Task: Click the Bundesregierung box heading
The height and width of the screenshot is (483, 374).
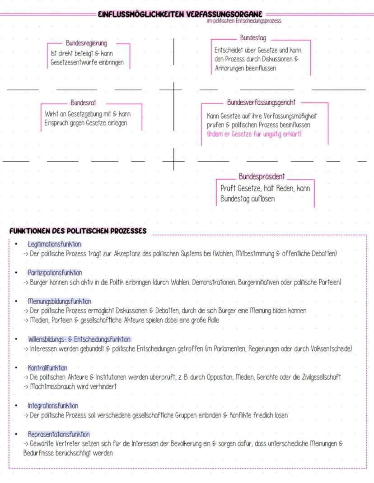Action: (86, 44)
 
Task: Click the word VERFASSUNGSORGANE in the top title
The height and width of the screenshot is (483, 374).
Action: (224, 14)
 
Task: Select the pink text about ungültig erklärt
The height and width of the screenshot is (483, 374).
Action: (254, 134)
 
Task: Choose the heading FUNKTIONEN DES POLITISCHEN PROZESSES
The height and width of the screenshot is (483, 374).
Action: (78, 231)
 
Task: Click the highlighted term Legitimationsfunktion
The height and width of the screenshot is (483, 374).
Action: (54, 244)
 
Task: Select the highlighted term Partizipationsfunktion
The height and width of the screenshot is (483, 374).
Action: (55, 273)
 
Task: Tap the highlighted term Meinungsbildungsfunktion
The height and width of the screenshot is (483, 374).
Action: (59, 301)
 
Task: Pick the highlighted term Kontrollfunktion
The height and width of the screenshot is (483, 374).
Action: (47, 368)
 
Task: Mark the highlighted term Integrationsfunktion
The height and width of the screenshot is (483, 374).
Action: (53, 406)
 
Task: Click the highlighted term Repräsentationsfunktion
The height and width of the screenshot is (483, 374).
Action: (59, 434)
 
